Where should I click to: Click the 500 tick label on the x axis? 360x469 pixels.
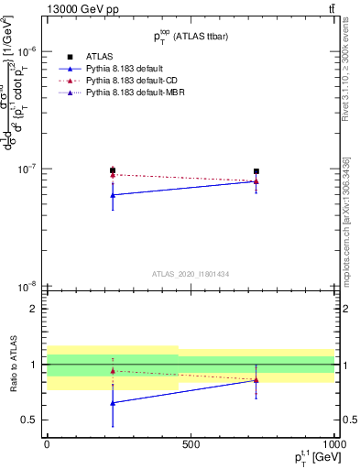pyautogui.click(x=191, y=445)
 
